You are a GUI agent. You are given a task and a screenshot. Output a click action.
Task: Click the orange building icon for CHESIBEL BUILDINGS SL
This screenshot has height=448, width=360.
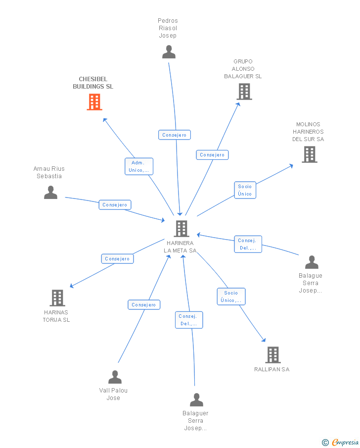click(94, 102)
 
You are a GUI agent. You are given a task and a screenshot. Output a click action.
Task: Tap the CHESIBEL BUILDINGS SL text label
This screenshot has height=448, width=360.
click(93, 83)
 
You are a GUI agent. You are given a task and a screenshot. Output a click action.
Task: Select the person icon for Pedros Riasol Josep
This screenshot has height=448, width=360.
click(169, 51)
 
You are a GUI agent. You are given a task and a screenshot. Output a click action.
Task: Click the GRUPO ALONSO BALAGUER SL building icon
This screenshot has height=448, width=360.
click(244, 92)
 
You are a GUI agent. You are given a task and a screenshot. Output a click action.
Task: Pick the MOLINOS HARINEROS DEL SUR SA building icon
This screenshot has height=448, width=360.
click(309, 154)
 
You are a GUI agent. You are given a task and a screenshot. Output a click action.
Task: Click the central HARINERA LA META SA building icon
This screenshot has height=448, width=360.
click(181, 228)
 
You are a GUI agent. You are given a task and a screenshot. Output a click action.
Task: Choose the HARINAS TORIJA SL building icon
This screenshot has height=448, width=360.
click(57, 298)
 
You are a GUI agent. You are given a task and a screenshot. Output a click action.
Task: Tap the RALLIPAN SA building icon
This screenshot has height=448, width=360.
click(272, 354)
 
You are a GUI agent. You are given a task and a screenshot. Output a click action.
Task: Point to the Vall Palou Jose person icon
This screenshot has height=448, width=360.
click(115, 377)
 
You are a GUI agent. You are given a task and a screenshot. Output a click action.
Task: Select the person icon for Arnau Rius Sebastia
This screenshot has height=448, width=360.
click(50, 192)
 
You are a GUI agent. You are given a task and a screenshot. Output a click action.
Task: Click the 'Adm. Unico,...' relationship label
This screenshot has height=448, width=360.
click(139, 166)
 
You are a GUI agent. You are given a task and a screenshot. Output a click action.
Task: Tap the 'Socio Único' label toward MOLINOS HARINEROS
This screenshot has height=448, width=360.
click(245, 190)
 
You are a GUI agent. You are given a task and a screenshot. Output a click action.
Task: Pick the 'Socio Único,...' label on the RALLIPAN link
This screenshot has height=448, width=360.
click(231, 297)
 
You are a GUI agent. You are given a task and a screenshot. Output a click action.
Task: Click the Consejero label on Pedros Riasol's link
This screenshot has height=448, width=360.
click(175, 135)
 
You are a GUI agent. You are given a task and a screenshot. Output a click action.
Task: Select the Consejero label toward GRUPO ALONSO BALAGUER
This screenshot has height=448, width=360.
click(212, 155)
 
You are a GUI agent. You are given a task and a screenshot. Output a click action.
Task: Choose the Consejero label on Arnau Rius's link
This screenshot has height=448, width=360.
click(115, 204)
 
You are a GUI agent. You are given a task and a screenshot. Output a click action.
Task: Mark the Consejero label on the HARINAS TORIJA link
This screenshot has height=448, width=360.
click(117, 258)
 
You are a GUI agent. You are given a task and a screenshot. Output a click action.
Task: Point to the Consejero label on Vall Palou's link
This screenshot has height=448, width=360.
click(144, 305)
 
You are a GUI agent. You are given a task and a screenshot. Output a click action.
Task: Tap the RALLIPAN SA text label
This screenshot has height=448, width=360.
click(271, 369)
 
